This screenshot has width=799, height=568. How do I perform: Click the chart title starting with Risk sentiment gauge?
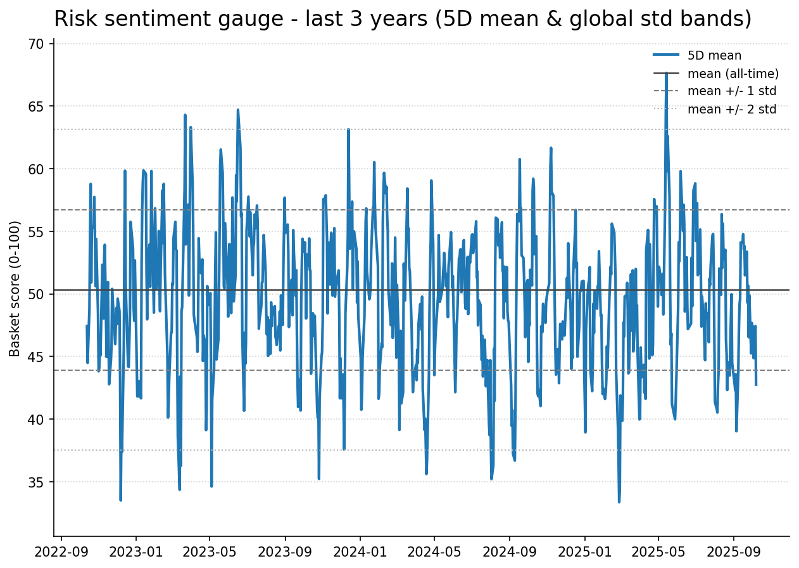pyautogui.click(x=403, y=19)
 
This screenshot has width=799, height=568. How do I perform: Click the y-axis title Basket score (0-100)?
pyautogui.click(x=15, y=288)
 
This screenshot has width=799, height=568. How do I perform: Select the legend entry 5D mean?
pyautogui.click(x=714, y=56)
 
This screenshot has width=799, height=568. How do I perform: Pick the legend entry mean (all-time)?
pyautogui.click(x=733, y=74)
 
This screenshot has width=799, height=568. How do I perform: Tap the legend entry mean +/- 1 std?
pyautogui.click(x=731, y=91)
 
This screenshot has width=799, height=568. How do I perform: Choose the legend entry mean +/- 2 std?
pyautogui.click(x=731, y=109)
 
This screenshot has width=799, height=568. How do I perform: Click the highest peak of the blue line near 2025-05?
pyautogui.click(x=666, y=74)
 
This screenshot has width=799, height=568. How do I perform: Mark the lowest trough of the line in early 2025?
pyautogui.click(x=619, y=502)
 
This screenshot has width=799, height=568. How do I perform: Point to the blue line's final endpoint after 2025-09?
pyautogui.click(x=756, y=385)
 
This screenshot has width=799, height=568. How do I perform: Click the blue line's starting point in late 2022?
pyautogui.click(x=87, y=326)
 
